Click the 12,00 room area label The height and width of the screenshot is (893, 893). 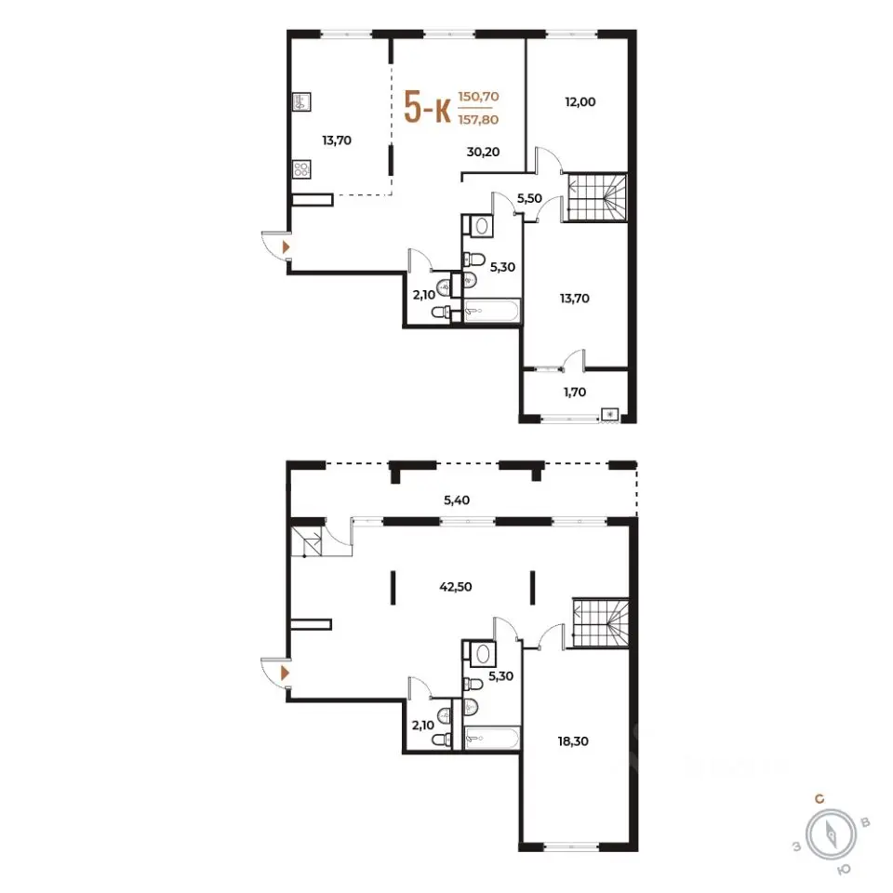pos(580,102)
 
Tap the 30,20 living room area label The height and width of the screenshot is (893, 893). pos(483,152)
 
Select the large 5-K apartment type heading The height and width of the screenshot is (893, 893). pos(427,107)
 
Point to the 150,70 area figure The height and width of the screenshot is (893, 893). pos(478,96)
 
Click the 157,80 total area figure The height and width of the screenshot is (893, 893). pos(478,120)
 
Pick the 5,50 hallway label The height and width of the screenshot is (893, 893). pos(529,198)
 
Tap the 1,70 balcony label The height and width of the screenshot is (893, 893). pos(574,392)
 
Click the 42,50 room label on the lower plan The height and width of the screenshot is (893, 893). pos(456,587)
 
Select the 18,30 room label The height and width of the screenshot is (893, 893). pos(573,741)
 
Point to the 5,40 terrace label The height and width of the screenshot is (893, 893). pos(457,500)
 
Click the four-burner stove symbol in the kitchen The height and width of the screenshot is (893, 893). pos(301,169)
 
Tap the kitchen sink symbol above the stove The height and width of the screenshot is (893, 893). pos(301,102)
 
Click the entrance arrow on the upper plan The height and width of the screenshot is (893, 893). pos(286,247)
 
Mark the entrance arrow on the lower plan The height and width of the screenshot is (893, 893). pos(286,673)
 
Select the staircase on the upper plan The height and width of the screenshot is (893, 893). pos(597,197)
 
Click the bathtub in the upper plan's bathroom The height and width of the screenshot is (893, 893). pos(492,311)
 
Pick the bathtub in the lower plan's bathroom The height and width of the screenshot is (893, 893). pos(492,738)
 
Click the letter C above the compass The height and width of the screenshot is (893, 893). pos(820,799)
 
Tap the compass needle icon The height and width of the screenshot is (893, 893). pos(832,835)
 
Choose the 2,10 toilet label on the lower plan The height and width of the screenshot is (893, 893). pos(422,725)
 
